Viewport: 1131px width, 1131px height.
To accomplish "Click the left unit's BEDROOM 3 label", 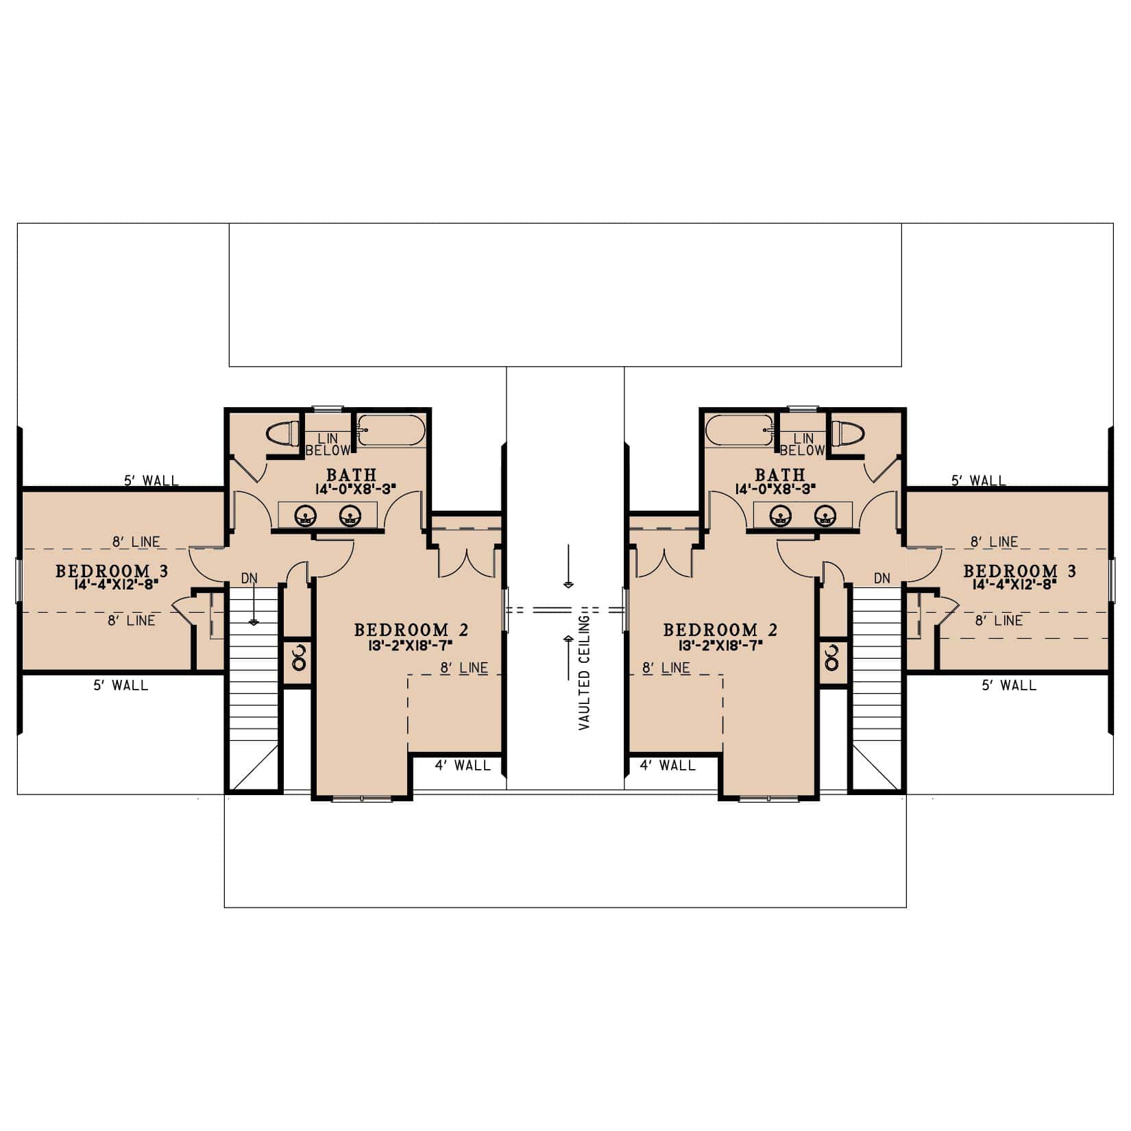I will [x=112, y=570].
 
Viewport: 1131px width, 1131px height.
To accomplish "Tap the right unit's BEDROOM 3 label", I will [x=1019, y=570].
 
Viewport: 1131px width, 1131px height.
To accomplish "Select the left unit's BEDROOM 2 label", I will [x=411, y=629].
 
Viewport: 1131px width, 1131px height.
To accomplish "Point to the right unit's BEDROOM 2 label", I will [x=720, y=629].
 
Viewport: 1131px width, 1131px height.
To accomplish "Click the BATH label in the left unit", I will [x=351, y=474].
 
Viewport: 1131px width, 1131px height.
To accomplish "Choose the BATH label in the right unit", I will [x=779, y=474].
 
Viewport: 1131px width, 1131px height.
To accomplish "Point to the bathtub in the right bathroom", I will [x=739, y=431].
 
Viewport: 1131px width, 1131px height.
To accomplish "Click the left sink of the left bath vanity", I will [x=305, y=515].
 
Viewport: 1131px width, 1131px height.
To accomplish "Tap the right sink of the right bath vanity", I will [x=826, y=515].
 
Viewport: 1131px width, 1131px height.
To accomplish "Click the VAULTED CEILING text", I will [x=584, y=672].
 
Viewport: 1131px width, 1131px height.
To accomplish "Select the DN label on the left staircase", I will [x=250, y=579].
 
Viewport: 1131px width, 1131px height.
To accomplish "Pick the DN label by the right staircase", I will [x=882, y=579].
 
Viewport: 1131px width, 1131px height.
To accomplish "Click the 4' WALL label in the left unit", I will [x=463, y=765].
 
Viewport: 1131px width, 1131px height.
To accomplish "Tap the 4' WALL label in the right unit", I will [x=668, y=765].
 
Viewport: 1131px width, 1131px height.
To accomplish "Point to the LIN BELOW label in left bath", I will [x=328, y=444].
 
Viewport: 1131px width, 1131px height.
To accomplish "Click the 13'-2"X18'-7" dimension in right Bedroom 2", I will [x=720, y=646].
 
